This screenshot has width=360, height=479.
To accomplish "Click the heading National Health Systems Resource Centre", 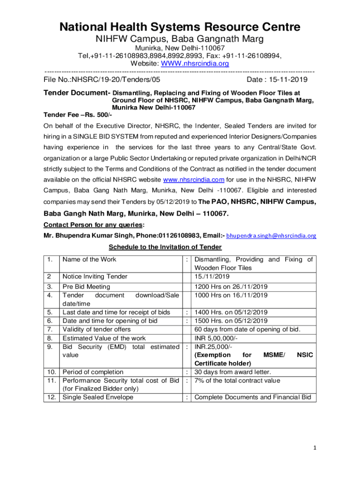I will (x=180, y=27).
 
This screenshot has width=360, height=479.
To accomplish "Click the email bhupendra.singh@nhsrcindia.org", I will (x=271, y=236).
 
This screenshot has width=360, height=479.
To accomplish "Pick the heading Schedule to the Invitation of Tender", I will (x=165, y=247).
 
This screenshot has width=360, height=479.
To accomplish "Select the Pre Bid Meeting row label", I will (x=86, y=286).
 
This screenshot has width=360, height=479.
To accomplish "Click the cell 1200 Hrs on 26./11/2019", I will (x=231, y=286).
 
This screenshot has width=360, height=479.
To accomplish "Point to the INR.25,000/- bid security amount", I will (x=213, y=347).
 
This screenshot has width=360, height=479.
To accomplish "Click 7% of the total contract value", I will (x=237, y=381).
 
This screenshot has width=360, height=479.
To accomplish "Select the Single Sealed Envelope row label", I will (x=98, y=397).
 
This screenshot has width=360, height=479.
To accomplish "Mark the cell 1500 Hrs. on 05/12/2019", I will (x=231, y=321).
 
